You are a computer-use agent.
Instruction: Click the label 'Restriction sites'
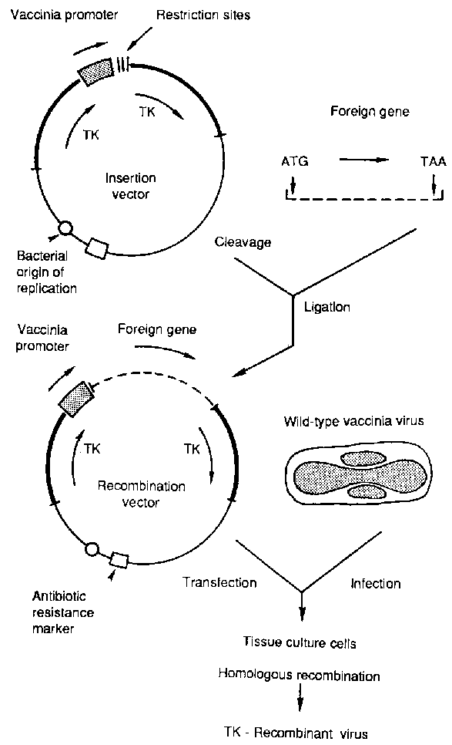tap(199, 15)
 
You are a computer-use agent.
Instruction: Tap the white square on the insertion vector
tap(98, 248)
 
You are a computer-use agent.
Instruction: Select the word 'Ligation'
tap(328, 306)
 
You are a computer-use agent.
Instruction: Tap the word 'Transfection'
tap(219, 583)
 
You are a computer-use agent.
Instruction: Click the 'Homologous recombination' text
tap(299, 676)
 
